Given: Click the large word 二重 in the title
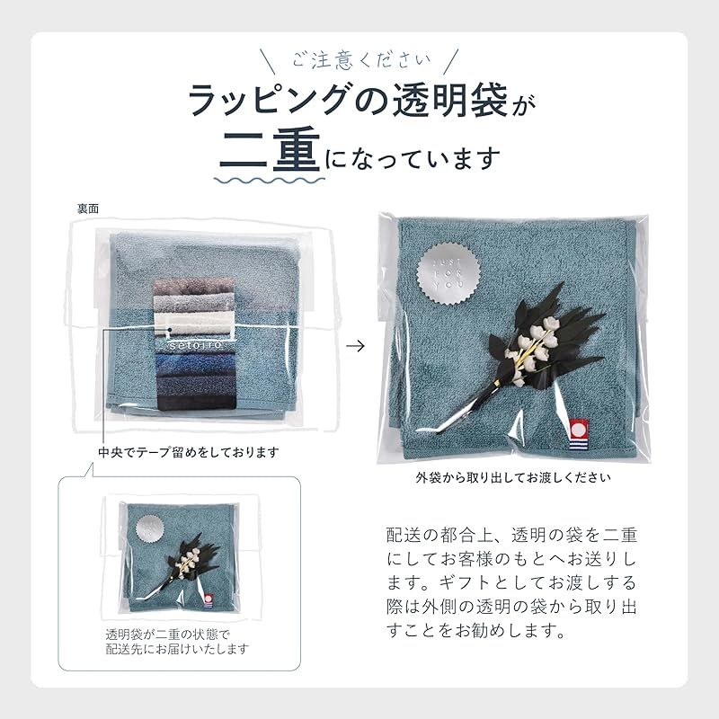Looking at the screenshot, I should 269,155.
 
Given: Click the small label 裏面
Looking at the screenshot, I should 87,208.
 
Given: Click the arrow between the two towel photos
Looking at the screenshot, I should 357,345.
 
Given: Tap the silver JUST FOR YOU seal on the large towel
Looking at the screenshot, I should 447,269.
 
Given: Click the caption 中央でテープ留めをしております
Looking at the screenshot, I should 189,451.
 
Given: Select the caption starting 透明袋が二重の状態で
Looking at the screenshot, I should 176,640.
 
